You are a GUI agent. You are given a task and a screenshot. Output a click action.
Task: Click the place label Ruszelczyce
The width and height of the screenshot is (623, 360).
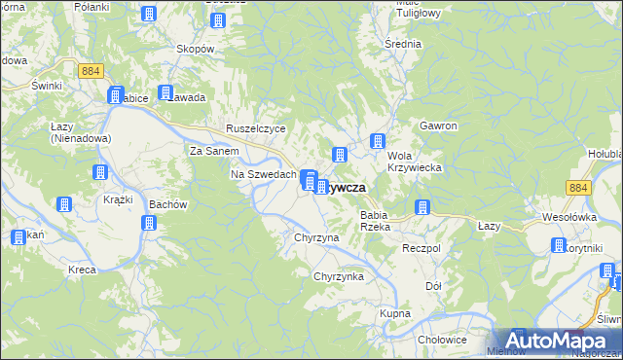point(255,128)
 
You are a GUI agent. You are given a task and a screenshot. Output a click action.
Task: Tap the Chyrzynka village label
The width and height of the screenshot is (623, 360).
point(338,277)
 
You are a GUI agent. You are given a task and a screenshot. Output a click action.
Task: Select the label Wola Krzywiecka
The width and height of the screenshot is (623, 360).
point(415,162)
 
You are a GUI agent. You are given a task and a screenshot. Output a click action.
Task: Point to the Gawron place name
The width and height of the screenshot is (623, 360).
point(438,126)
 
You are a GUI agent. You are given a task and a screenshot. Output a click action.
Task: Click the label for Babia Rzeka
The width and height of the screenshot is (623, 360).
point(375,220)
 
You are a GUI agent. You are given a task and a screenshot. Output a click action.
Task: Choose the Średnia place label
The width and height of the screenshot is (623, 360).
point(403,44)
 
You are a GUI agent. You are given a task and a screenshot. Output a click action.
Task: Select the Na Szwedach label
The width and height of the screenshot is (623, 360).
point(263,174)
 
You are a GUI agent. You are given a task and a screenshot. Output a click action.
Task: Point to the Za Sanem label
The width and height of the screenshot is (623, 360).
point(213,152)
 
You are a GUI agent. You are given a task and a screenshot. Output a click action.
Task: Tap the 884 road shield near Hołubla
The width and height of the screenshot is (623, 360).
point(580,188)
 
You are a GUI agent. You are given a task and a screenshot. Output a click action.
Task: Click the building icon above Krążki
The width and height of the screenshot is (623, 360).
point(99,173)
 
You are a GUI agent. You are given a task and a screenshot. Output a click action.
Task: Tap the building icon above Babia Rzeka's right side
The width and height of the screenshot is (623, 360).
point(422,207)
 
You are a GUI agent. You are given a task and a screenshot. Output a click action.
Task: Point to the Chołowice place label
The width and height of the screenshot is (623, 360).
point(436,340)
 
